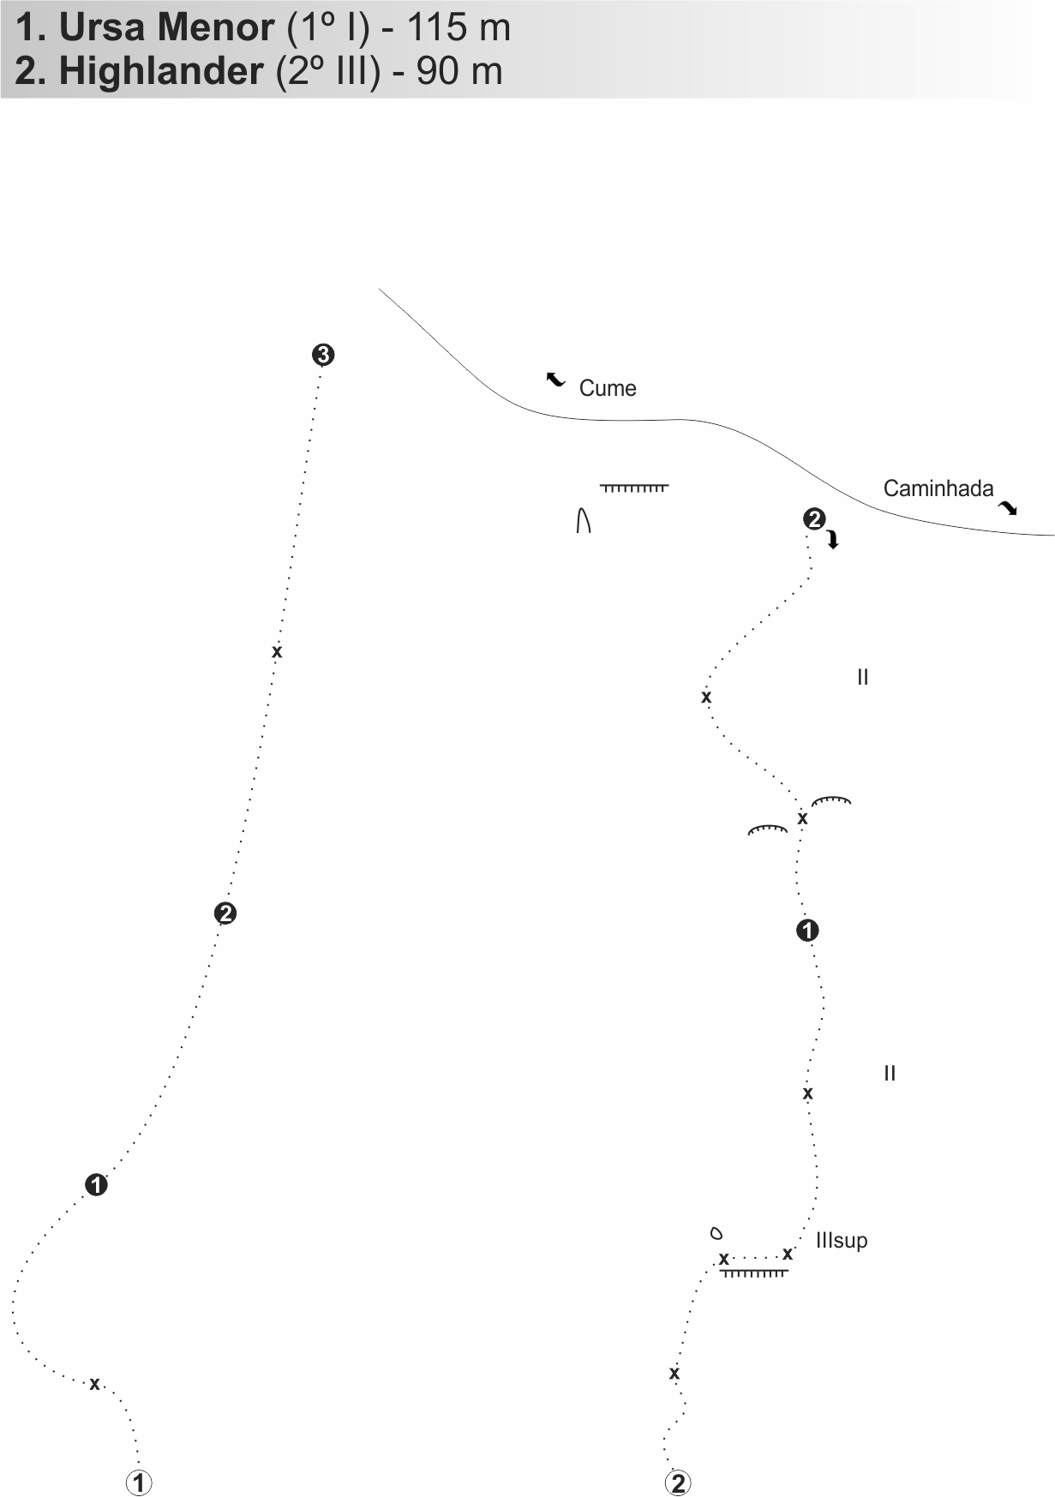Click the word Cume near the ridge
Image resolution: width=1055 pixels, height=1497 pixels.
tap(608, 388)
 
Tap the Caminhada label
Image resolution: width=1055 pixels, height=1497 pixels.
tap(938, 488)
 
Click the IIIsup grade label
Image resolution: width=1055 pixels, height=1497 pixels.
tap(842, 1240)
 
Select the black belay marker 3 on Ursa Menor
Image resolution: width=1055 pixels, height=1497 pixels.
tap(323, 355)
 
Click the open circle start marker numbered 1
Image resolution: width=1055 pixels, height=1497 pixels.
tap(139, 1482)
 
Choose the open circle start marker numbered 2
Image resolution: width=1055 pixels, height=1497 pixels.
tap(678, 1482)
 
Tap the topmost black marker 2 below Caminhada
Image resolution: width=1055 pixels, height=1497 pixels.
tap(813, 518)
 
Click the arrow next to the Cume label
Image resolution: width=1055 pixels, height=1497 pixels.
tap(556, 379)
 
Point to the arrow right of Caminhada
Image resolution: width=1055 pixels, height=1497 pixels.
tap(1008, 508)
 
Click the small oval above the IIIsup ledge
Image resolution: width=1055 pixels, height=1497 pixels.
tap(716, 1234)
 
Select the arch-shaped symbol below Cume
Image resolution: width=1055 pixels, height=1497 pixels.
tap(584, 520)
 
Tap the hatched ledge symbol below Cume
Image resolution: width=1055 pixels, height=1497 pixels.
tap(634, 488)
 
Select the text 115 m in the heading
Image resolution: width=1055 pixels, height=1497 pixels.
tap(459, 28)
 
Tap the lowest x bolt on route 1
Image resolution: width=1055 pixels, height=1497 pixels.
tap(95, 1384)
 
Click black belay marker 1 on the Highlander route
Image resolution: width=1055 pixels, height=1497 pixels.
tap(807, 930)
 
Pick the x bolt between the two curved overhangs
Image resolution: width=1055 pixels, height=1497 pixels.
tap(803, 819)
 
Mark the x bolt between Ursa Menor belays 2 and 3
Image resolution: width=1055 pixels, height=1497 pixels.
tap(277, 652)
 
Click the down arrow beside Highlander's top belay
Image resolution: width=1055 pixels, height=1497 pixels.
tap(832, 540)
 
